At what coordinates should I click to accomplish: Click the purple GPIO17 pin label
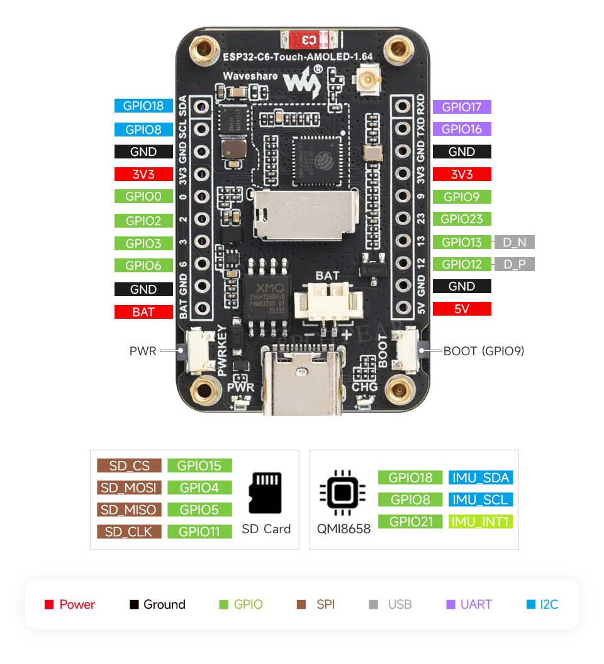(462, 107)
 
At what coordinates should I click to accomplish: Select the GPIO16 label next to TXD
(462, 129)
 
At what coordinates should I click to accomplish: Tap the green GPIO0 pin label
(143, 196)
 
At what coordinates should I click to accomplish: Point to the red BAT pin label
(143, 312)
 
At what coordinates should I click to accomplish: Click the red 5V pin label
(462, 309)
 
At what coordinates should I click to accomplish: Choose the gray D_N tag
(515, 242)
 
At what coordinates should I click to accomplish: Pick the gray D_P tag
(515, 264)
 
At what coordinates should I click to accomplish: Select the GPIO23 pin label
(462, 219)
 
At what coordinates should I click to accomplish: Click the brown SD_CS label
(130, 465)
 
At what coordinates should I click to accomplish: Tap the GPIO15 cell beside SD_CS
(199, 465)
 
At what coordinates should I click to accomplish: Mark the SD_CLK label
(130, 531)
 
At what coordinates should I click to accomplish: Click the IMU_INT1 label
(481, 521)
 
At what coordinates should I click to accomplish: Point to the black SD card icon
(266, 494)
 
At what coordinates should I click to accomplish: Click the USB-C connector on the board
(304, 384)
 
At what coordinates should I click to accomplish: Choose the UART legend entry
(469, 604)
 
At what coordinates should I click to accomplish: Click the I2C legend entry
(542, 604)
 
